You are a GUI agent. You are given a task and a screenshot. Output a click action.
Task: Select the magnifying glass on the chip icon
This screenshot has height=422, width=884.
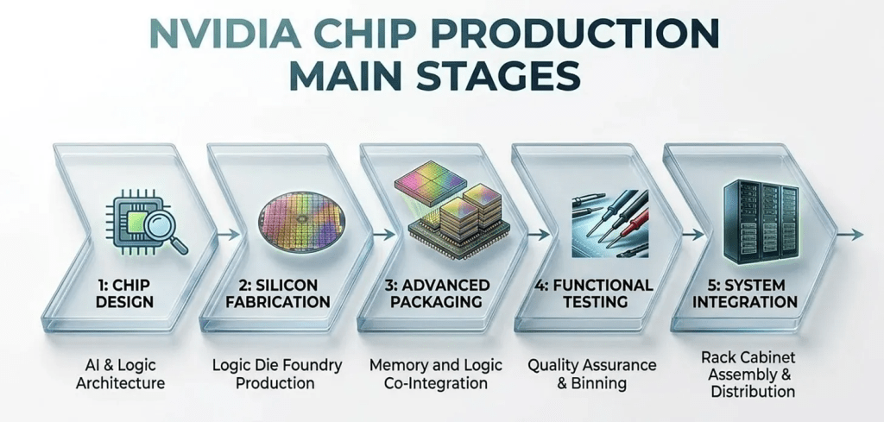165,233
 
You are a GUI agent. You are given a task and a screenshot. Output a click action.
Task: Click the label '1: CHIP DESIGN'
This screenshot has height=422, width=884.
124,293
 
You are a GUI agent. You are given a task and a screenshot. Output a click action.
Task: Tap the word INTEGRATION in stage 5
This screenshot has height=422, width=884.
745,301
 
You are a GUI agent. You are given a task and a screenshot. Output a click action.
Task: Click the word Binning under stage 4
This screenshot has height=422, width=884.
599,384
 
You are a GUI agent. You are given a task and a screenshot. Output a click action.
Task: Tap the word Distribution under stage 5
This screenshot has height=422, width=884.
753,391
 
